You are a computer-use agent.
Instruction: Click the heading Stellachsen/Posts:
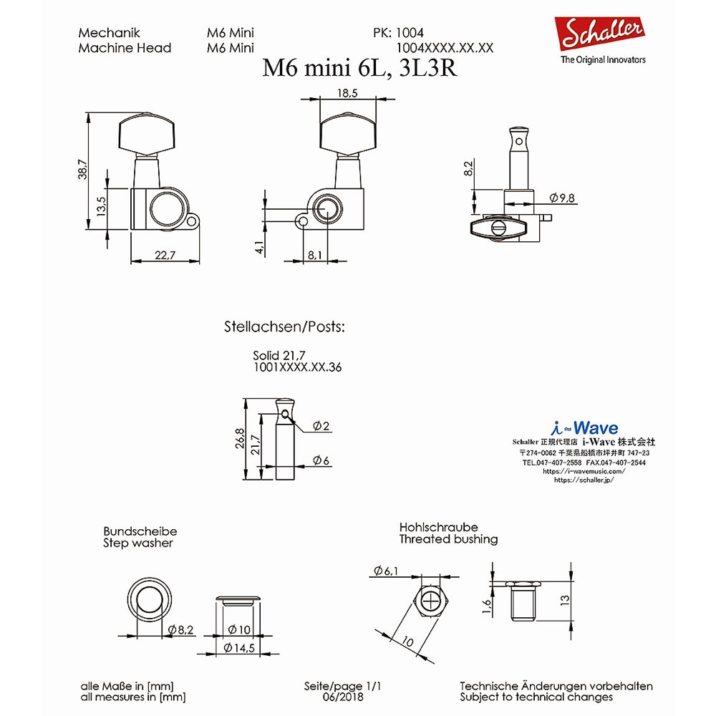[x=284, y=327]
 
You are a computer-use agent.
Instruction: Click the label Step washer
[x=137, y=543]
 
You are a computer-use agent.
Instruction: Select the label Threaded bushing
[x=448, y=539]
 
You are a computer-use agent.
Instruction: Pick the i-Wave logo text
[x=585, y=428]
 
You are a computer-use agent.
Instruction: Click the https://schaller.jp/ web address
[x=584, y=480]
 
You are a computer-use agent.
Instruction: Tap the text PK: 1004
[x=398, y=33]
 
